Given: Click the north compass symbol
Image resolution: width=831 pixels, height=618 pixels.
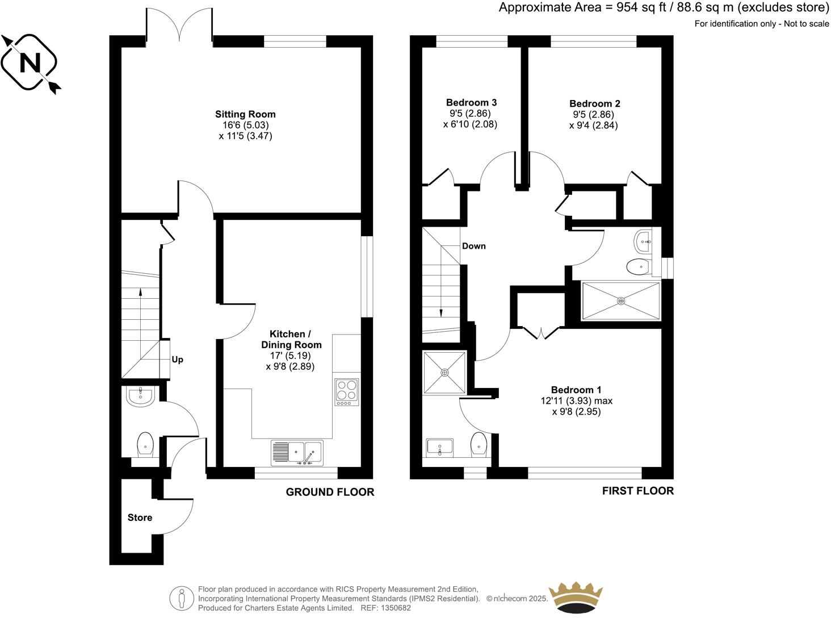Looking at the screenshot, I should click(31, 62).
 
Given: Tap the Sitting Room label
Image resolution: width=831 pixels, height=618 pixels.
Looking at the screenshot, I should click(245, 114).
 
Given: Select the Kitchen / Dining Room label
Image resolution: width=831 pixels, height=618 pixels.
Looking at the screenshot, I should click(291, 339).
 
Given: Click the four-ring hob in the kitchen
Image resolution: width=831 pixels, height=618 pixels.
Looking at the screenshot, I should click(346, 392).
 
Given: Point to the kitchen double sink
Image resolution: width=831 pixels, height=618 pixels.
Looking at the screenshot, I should click(297, 453).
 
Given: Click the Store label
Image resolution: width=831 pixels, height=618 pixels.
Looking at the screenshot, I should click(140, 517).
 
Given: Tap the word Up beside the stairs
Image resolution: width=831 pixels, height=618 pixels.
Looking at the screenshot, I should click(177, 360).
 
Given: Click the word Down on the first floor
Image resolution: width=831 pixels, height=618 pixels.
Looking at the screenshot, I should click(473, 246).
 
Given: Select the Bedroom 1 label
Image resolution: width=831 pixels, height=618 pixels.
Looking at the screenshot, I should click(576, 390).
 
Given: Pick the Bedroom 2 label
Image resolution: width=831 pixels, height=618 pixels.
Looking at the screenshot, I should click(594, 103).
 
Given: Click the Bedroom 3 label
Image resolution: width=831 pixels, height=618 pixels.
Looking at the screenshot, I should click(471, 102).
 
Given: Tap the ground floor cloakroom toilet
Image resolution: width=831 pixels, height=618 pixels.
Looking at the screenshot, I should click(146, 444).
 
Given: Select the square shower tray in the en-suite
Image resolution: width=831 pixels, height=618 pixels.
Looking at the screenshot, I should click(444, 372).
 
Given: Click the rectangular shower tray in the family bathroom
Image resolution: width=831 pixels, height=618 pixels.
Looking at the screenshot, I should click(621, 300).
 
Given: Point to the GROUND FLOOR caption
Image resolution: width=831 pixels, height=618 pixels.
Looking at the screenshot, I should click(330, 492).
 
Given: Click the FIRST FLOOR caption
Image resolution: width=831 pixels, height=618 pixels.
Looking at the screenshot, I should click(637, 491).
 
